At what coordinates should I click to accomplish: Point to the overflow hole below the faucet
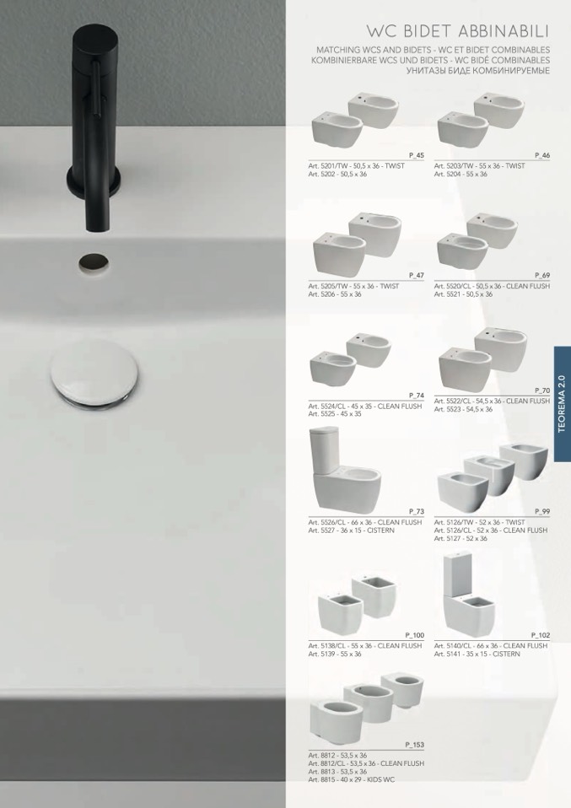point(94,263)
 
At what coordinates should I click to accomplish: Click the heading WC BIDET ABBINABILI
point(458,31)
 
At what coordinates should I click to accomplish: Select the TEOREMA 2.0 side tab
point(563,403)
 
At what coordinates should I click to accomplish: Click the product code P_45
point(417,155)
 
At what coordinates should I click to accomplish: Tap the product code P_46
point(542,155)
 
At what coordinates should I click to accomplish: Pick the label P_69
point(542,275)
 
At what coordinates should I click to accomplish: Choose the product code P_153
point(415,745)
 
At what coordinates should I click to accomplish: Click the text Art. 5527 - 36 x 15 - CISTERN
point(352,531)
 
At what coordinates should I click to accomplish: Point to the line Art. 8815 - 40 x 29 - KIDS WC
point(352,779)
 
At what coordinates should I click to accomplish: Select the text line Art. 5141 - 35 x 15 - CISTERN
point(477,654)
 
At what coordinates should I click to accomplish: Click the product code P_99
point(542,511)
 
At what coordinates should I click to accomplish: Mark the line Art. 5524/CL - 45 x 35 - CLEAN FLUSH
point(365,406)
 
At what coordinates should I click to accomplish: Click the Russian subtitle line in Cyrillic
point(477,71)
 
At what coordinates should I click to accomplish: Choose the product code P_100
point(415,635)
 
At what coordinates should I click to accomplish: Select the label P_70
point(542,391)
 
